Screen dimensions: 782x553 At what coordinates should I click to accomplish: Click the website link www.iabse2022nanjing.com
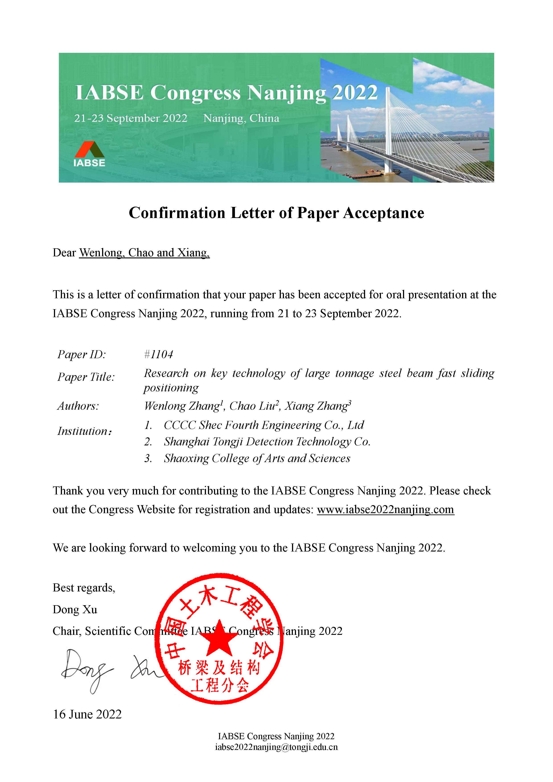point(385,510)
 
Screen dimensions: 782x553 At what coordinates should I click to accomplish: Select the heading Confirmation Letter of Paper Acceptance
point(276,213)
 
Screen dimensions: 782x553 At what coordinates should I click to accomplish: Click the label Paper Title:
point(86,377)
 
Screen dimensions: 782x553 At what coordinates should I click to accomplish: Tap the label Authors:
point(78,406)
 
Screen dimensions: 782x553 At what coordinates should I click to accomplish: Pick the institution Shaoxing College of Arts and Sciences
point(257,459)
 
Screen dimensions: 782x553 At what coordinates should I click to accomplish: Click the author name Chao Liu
point(253,406)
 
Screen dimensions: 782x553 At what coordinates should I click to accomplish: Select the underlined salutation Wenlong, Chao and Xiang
point(144,253)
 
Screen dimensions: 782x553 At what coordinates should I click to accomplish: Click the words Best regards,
point(84,588)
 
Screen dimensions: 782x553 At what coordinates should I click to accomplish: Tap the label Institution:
point(84,431)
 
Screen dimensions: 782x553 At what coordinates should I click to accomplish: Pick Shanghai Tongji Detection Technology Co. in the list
point(267,442)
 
